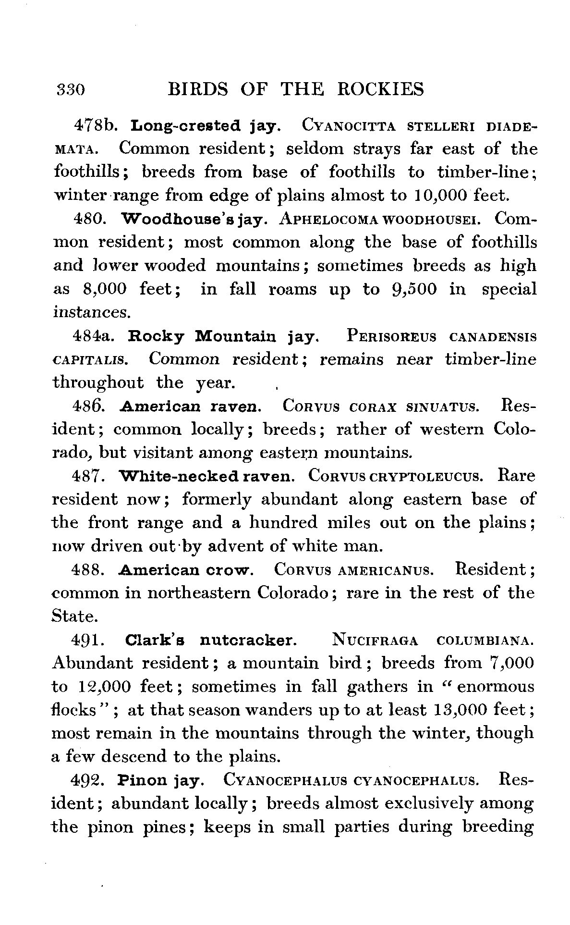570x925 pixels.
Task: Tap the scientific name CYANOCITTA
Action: pyautogui.click(x=349, y=126)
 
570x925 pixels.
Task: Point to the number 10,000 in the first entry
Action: pyautogui.click(x=440, y=196)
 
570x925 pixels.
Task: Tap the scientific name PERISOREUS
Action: pyautogui.click(x=391, y=336)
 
